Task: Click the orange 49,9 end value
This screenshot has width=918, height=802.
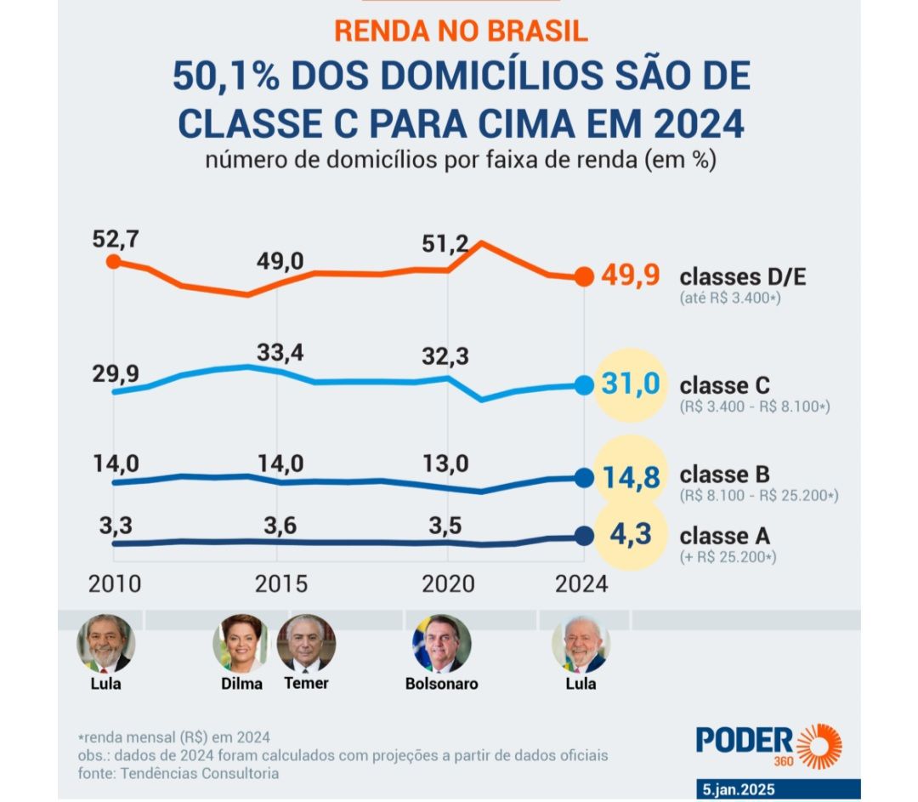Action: point(630,276)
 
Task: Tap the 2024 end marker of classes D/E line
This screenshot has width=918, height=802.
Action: point(584,276)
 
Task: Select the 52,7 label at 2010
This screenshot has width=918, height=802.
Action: point(115,239)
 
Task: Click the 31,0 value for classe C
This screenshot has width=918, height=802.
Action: point(631,384)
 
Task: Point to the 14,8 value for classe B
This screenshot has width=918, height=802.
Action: point(630,477)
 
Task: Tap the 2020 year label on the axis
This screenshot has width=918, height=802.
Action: point(446,585)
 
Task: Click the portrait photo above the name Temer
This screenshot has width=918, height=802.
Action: point(306,644)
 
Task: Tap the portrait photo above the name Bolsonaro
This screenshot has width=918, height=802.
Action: point(441,644)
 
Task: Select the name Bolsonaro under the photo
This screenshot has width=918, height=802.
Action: point(441,684)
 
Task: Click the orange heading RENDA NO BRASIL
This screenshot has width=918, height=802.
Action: point(461,31)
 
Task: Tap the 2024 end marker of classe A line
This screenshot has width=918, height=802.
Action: point(584,536)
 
